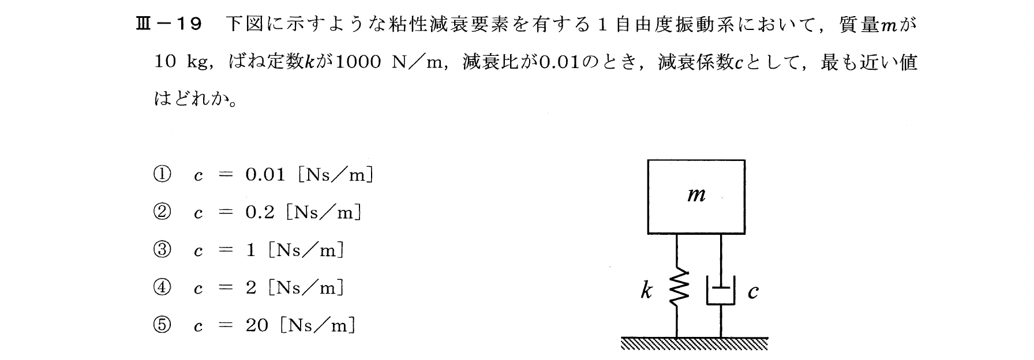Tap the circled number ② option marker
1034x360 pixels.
point(162,213)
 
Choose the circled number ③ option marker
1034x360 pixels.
point(162,250)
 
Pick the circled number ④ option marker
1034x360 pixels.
point(162,288)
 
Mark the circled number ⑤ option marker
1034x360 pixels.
point(162,325)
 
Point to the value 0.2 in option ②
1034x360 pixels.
point(259,213)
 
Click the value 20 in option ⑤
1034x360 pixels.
point(257,325)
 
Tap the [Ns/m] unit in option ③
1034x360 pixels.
point(306,250)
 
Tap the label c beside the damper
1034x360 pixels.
point(752,293)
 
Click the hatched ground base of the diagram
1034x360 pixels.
point(695,344)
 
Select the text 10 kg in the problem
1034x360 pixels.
point(181,62)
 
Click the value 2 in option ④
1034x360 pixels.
point(251,288)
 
